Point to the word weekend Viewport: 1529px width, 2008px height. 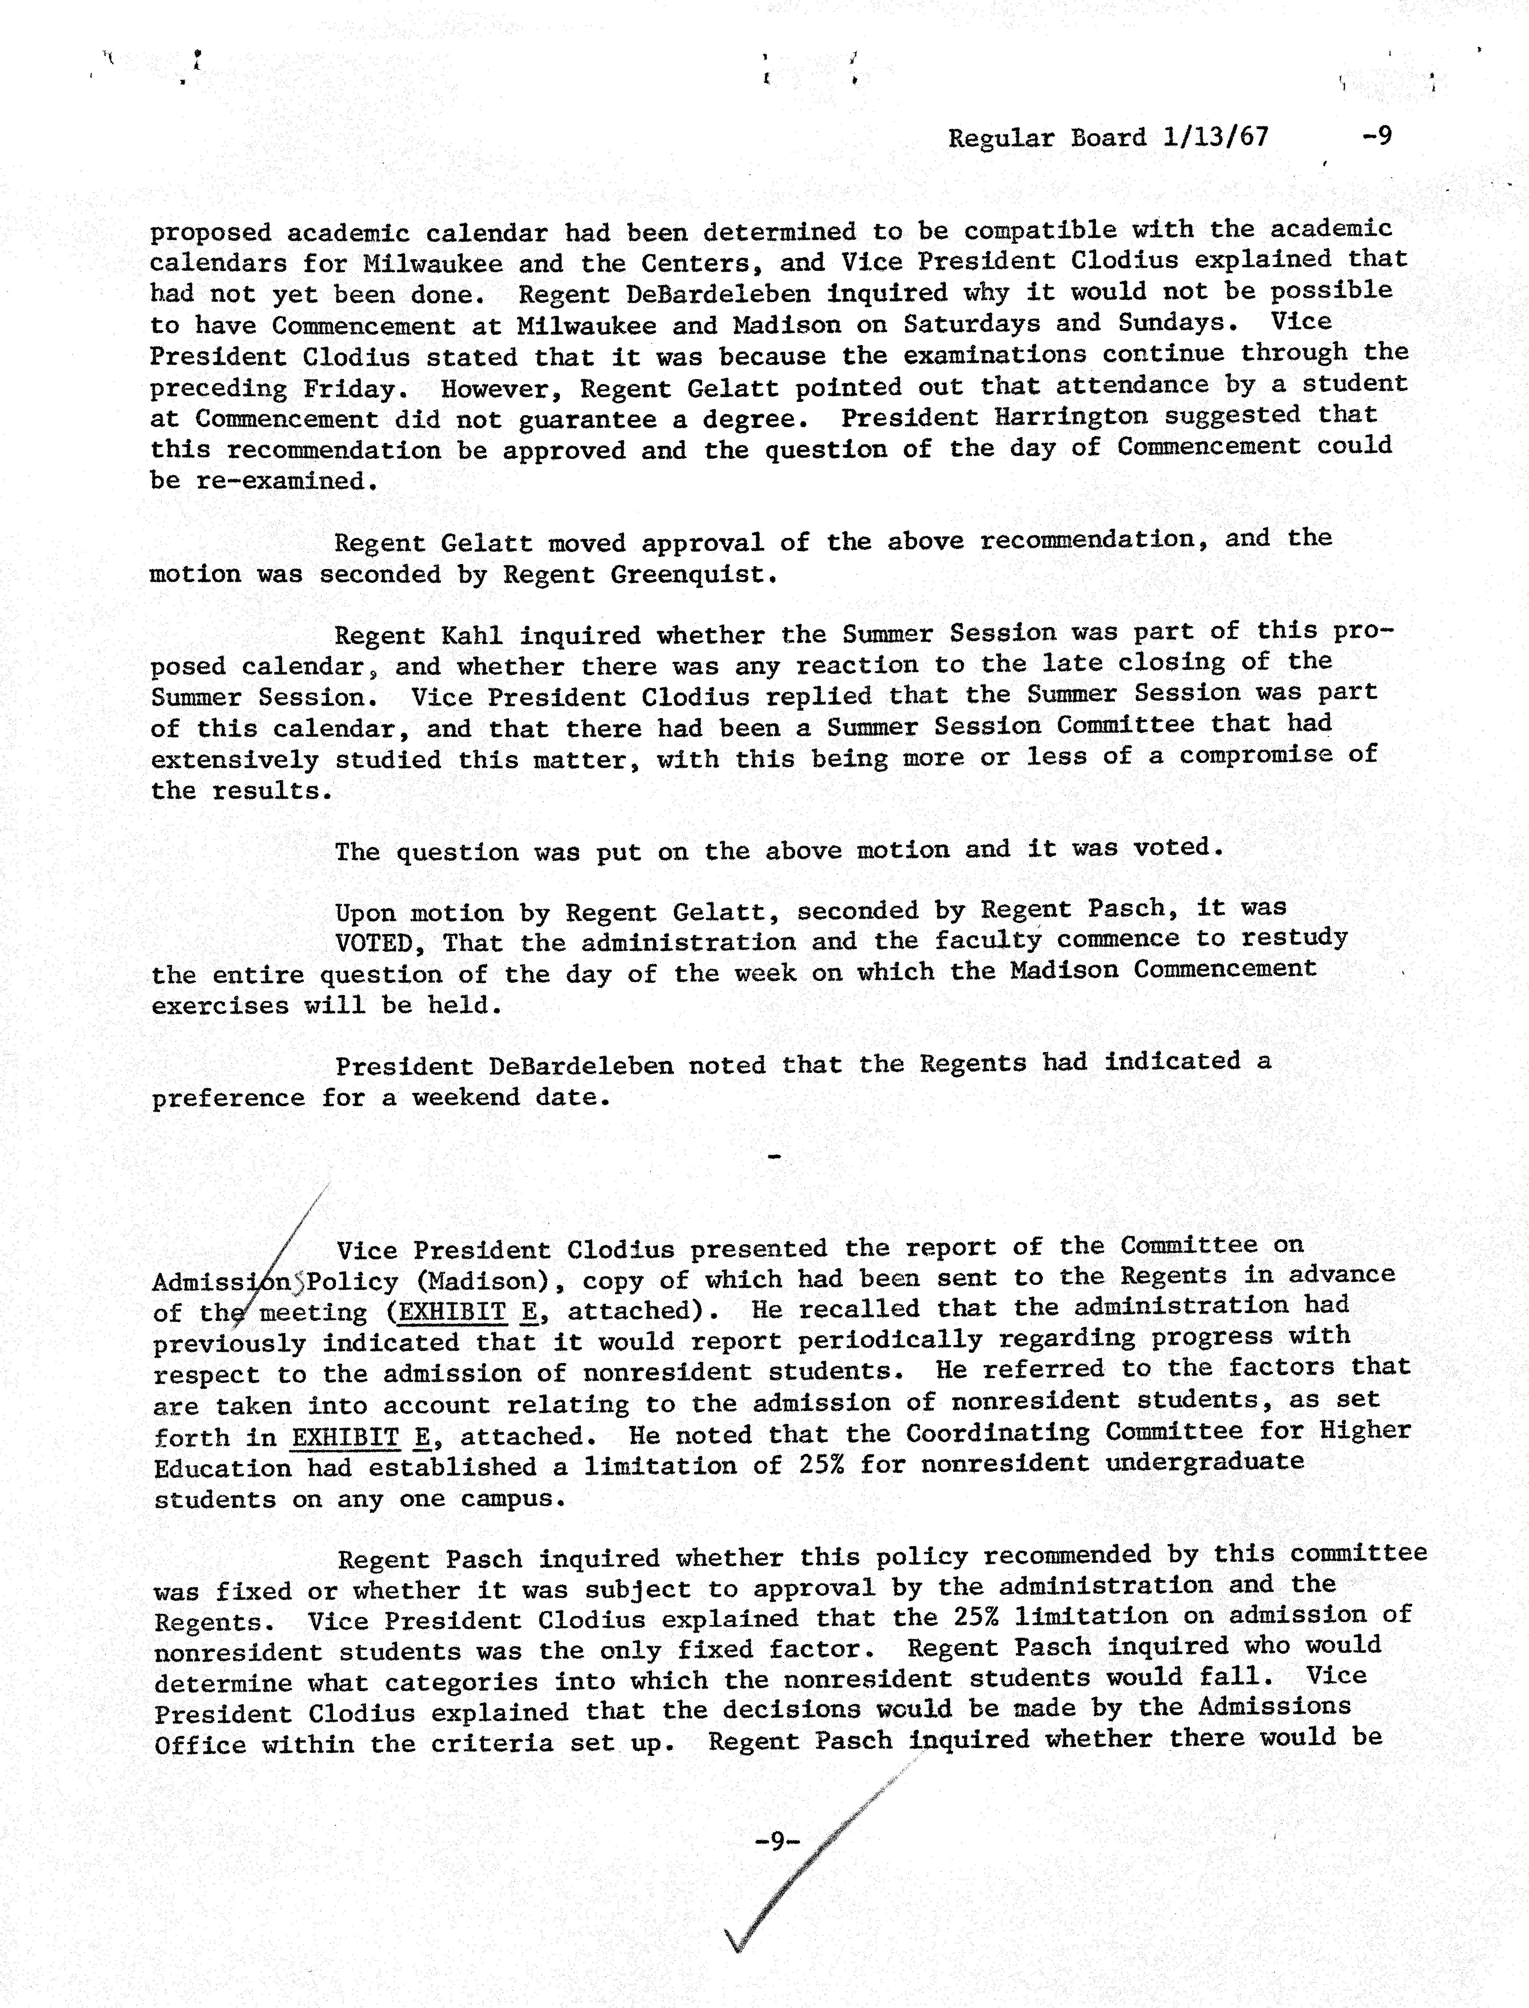tap(466, 1097)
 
